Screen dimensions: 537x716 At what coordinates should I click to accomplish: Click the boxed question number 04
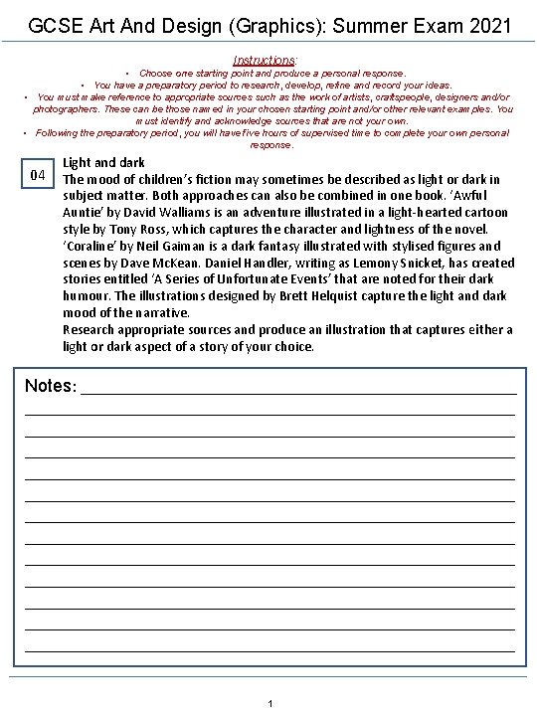point(39,176)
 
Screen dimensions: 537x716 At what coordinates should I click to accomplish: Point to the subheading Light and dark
point(103,162)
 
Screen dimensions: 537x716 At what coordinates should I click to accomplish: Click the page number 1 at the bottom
point(269,704)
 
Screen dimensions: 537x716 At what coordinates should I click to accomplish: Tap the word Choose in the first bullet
point(156,74)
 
